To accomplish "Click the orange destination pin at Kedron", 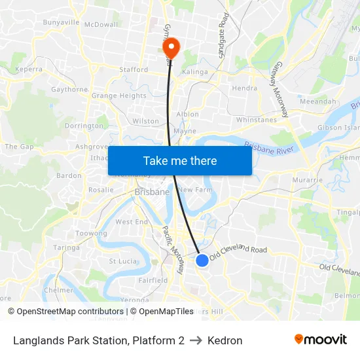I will tap(171, 46).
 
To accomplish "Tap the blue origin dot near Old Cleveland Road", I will tap(202, 261).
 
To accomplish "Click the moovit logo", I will tap(321, 340).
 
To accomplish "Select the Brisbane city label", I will tap(152, 192).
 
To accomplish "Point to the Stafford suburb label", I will tap(133, 69).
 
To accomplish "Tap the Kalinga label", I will tap(195, 72).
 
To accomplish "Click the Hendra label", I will tap(244, 88).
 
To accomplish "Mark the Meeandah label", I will tap(317, 101).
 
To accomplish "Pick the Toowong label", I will tap(92, 233).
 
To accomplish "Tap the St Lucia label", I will tap(122, 261).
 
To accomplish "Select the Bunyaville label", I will tap(61, 22).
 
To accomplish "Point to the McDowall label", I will tap(101, 24).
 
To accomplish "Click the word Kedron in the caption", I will tap(225, 340).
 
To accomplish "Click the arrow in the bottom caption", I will tap(196, 340).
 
